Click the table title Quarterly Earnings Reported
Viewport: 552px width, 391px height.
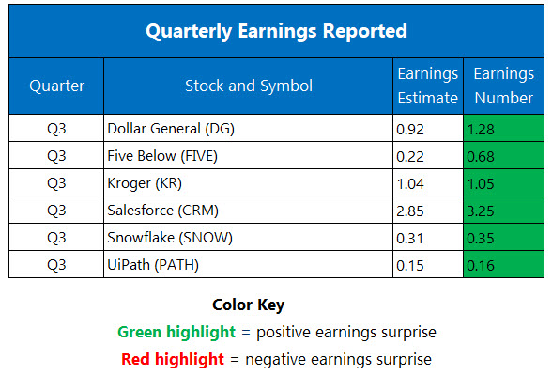[276, 31]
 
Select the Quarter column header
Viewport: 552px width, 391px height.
[56, 86]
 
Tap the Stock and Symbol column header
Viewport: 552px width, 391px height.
[248, 86]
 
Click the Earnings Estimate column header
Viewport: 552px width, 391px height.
[427, 86]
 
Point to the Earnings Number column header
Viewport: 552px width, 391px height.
[503, 86]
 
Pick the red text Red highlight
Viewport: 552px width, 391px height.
[173, 358]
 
